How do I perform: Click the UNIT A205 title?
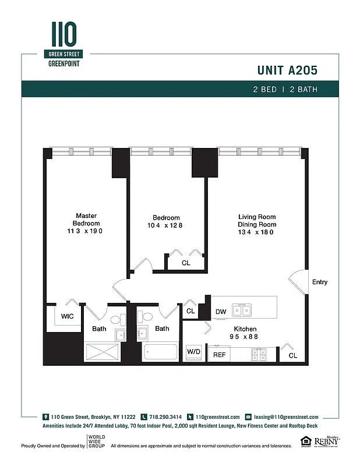[287, 70]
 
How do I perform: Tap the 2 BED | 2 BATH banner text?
[285, 89]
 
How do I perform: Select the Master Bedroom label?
[86, 219]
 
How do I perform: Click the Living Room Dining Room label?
[256, 220]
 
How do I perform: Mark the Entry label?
[320, 282]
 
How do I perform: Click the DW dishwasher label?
[221, 312]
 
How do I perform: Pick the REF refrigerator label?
[219, 354]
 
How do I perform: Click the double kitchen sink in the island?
[242, 310]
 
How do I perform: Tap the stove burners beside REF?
[258, 353]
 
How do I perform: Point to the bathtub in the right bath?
[160, 353]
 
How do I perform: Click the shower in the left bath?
[103, 353]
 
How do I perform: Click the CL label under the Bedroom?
[186, 263]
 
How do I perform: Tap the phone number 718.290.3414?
[165, 417]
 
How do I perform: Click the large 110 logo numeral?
[64, 36]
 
